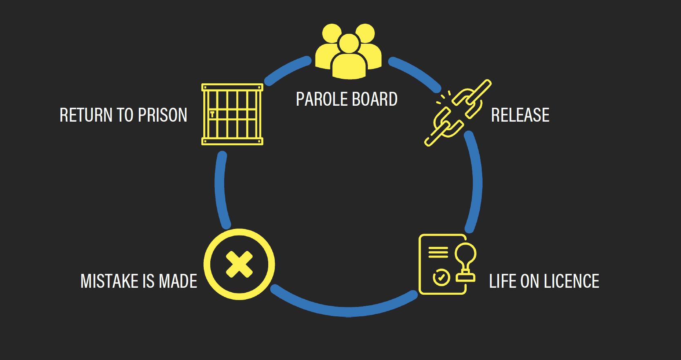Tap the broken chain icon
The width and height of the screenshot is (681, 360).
pos(457,112)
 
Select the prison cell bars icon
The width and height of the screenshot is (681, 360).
pos(232,114)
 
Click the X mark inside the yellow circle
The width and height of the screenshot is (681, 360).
pos(239,264)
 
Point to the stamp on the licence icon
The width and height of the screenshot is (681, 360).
pos(465,261)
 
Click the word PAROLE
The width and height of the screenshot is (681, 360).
pos(322,99)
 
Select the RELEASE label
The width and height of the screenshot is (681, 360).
pos(520,115)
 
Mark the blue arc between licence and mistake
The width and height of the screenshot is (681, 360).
pos(347,312)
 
